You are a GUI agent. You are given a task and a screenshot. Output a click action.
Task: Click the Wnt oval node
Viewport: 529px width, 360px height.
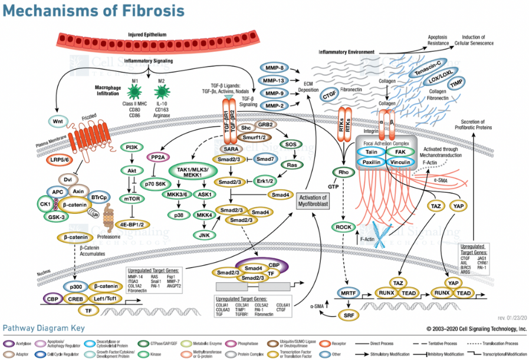point(57,123)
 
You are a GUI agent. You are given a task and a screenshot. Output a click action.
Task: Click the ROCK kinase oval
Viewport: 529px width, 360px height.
point(343,227)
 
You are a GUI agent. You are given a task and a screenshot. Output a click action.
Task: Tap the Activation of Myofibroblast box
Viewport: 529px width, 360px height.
point(313,201)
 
